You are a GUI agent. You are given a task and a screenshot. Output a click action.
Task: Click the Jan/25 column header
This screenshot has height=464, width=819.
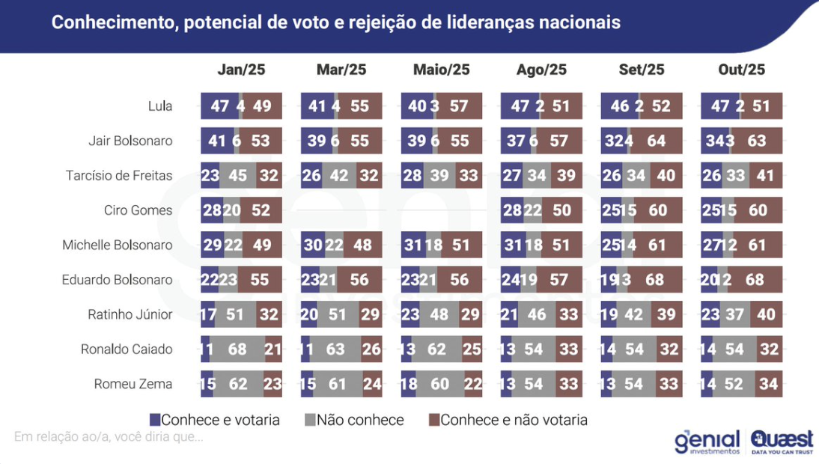(x=241, y=70)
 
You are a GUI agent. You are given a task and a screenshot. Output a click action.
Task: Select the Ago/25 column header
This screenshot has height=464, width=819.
(x=541, y=70)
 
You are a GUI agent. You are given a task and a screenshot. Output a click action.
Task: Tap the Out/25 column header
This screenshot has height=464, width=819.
(x=741, y=70)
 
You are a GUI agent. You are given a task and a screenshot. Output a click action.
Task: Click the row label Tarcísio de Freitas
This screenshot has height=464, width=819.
(x=119, y=176)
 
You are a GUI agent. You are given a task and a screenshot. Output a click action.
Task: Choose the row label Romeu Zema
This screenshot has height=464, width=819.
(x=133, y=385)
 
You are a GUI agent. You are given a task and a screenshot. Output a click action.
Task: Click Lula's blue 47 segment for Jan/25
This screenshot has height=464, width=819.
(x=219, y=106)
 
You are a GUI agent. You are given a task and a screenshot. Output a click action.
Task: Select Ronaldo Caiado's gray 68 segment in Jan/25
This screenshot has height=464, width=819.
(x=238, y=349)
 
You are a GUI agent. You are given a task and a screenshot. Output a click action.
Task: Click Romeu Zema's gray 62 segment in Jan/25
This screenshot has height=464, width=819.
(x=237, y=385)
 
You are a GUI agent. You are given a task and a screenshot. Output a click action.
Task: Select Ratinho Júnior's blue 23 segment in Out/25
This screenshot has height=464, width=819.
(x=710, y=315)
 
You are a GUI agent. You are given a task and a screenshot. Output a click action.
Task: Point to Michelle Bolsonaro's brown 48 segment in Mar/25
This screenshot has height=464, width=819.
(x=362, y=245)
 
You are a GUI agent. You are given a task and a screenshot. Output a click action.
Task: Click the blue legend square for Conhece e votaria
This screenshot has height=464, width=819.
(x=155, y=420)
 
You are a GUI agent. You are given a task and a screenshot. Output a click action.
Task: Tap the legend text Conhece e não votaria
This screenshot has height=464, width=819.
(x=514, y=420)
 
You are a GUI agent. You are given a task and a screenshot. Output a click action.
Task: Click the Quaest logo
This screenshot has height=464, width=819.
(x=782, y=441)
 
